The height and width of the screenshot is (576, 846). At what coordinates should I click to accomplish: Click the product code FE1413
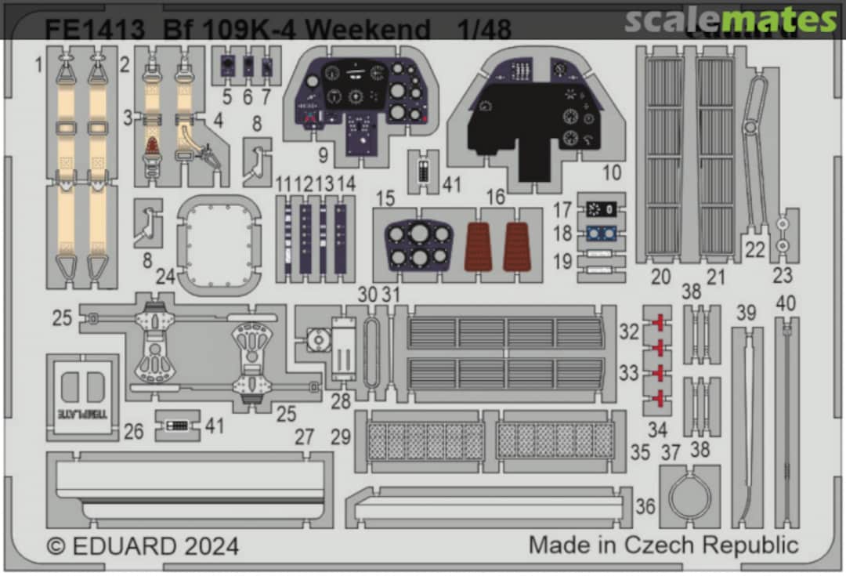[x=95, y=30]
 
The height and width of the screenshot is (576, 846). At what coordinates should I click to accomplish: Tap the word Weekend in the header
[x=369, y=30]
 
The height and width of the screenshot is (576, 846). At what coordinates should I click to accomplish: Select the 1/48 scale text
[x=485, y=30]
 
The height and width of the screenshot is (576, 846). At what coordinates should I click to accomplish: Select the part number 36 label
[x=645, y=506]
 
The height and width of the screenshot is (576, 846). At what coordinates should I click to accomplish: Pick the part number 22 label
[x=755, y=248]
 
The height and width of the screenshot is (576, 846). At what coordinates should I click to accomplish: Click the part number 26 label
[x=134, y=430]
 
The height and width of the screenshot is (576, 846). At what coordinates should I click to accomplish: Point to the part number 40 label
[x=786, y=302]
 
